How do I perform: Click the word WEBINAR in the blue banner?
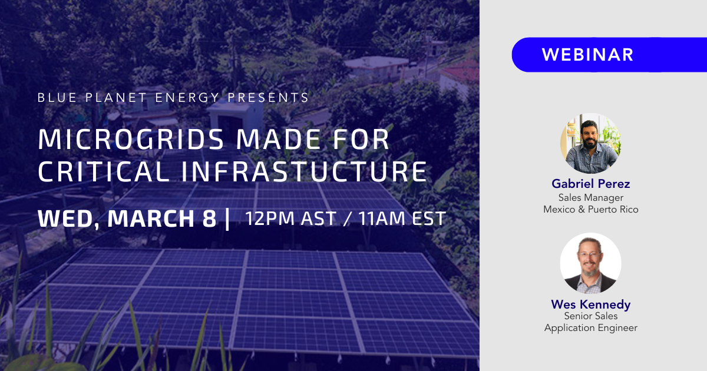click(588, 55)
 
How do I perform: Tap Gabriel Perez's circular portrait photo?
click(590, 144)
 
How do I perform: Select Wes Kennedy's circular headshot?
click(590, 263)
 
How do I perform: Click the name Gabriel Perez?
click(590, 184)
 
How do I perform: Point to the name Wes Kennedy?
click(590, 304)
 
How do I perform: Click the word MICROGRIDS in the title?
click(131, 139)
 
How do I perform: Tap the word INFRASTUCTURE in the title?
click(304, 171)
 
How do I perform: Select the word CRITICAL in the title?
click(104, 171)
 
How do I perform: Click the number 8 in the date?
click(209, 218)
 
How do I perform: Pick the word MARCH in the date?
click(151, 218)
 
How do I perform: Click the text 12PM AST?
click(290, 218)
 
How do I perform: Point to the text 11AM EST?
click(402, 218)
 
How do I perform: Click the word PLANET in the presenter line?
click(116, 98)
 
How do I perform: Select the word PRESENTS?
click(268, 98)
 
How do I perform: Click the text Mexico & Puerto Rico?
click(590, 210)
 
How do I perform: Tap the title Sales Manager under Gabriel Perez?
click(590, 198)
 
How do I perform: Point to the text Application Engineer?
click(590, 328)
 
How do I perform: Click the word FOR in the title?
click(361, 139)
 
